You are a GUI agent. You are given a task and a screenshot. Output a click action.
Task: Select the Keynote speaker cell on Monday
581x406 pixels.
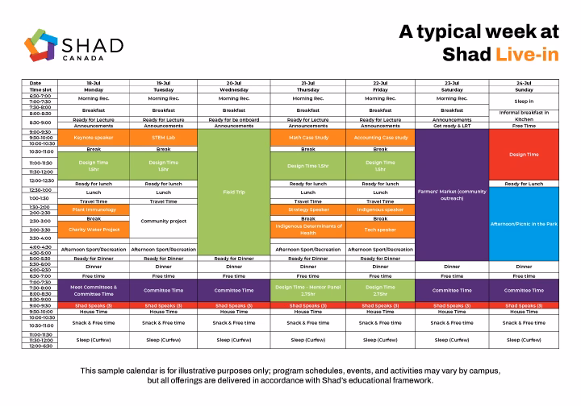click(x=94, y=138)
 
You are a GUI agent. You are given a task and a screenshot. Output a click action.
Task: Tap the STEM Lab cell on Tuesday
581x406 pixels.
click(x=164, y=138)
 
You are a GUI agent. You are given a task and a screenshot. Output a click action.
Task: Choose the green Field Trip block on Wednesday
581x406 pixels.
click(x=234, y=193)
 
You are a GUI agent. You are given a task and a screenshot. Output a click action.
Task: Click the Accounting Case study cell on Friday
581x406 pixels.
click(x=381, y=138)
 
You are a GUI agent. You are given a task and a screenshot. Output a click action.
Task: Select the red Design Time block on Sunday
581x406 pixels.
click(x=525, y=154)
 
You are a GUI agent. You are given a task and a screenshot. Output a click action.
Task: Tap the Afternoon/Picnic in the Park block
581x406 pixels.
click(x=525, y=223)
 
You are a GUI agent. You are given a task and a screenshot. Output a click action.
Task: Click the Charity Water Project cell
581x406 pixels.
click(x=94, y=230)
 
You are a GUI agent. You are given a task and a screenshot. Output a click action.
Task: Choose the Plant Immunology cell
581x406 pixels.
click(x=94, y=209)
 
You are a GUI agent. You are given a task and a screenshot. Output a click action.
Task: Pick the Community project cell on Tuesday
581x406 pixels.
click(x=164, y=220)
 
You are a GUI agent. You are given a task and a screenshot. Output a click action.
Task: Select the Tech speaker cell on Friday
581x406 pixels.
click(x=381, y=230)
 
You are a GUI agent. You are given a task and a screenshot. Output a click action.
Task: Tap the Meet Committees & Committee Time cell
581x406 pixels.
click(x=94, y=290)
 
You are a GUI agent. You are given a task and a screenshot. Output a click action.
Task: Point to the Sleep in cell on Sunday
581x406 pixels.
click(x=525, y=101)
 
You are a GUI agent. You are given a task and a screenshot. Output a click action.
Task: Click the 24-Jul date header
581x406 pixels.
click(x=525, y=83)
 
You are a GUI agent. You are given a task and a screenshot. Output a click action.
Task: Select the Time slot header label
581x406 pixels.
click(x=40, y=89)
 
